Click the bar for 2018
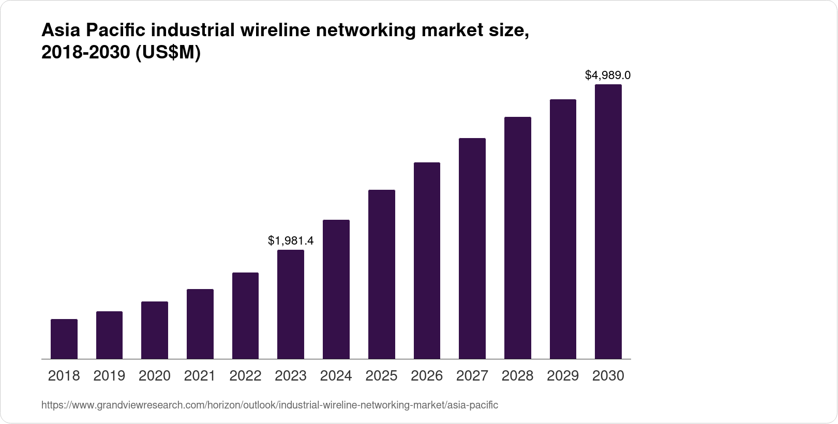click(x=64, y=339)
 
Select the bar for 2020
click(x=155, y=330)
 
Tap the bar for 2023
click(x=291, y=304)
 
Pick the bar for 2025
click(x=381, y=274)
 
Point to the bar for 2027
click(x=472, y=248)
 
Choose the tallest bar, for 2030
click(x=608, y=221)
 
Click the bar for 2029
click(x=563, y=229)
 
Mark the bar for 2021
click(x=200, y=324)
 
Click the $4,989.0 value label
click(x=608, y=75)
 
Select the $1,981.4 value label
click(x=291, y=241)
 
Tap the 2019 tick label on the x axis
click(x=109, y=376)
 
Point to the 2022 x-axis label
click(x=245, y=376)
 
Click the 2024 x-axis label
click(x=336, y=376)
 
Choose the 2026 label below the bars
click(x=427, y=376)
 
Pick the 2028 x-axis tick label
click(x=517, y=376)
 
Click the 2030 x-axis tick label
click(x=608, y=376)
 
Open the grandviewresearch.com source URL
click(x=270, y=405)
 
